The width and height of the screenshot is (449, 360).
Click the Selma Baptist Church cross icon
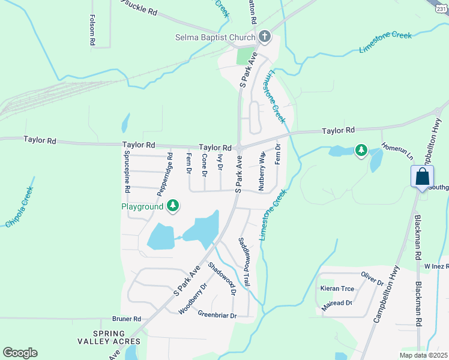265,38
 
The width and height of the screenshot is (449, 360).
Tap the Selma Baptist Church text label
214,38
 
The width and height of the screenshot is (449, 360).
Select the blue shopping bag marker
422,178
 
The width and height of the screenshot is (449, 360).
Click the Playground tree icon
173,206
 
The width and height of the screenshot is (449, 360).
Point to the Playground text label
142,206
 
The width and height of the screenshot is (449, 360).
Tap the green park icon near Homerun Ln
361,150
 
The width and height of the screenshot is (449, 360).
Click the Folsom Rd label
92,31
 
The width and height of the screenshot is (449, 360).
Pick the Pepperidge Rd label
165,175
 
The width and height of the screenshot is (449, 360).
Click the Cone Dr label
205,166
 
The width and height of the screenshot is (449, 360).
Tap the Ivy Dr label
220,163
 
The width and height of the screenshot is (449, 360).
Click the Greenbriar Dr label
217,315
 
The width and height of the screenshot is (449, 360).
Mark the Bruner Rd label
126,319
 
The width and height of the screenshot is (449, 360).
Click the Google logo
20,353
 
